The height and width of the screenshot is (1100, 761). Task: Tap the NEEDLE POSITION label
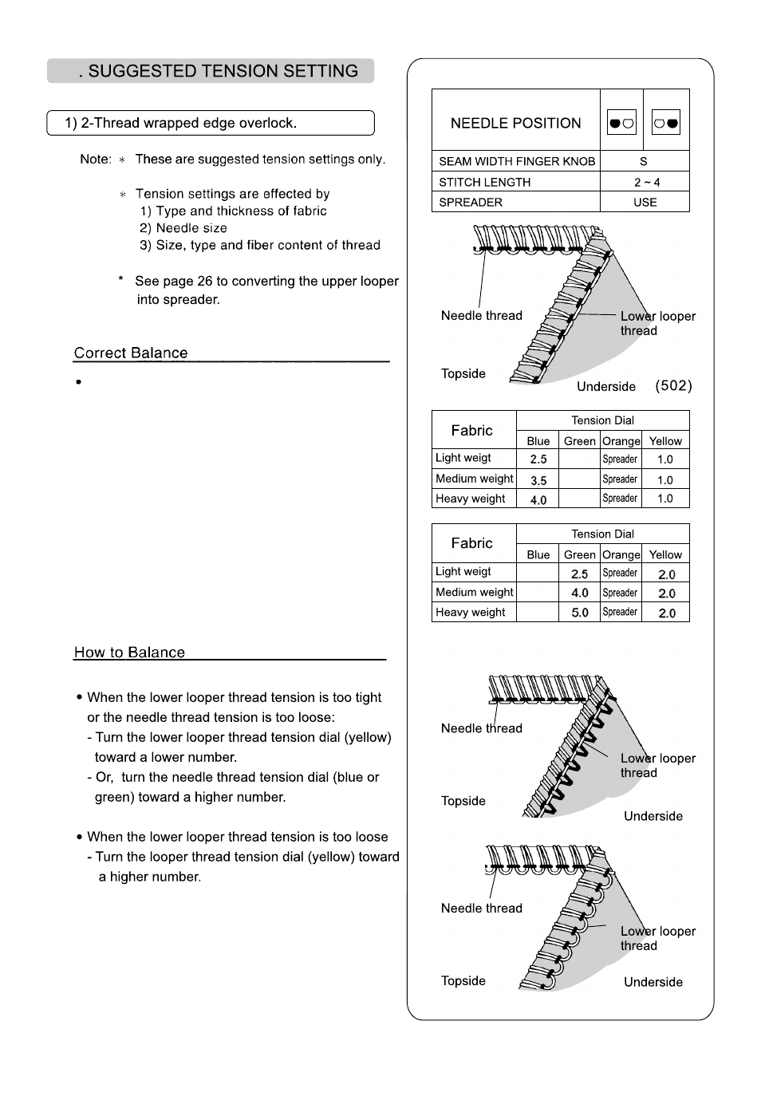(515, 123)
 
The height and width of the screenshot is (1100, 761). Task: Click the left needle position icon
(621, 123)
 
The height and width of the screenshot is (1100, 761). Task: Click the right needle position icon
(666, 123)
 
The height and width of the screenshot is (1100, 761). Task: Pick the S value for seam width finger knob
(644, 161)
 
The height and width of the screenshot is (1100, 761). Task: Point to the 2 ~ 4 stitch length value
(646, 182)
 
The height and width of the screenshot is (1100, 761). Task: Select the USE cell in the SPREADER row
(645, 203)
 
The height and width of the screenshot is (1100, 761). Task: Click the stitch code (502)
(673, 386)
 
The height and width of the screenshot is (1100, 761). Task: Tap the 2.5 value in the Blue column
(538, 459)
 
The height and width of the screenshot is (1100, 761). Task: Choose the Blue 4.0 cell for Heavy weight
(538, 500)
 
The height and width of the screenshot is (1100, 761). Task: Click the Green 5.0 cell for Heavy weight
(580, 613)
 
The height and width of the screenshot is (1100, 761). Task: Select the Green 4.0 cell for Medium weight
(580, 593)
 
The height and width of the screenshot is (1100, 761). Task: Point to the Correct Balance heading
(131, 353)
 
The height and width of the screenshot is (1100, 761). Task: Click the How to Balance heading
(129, 653)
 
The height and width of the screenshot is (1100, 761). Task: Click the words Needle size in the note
(191, 228)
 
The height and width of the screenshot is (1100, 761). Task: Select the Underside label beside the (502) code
(606, 387)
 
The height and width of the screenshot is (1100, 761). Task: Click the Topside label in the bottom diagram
(463, 981)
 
